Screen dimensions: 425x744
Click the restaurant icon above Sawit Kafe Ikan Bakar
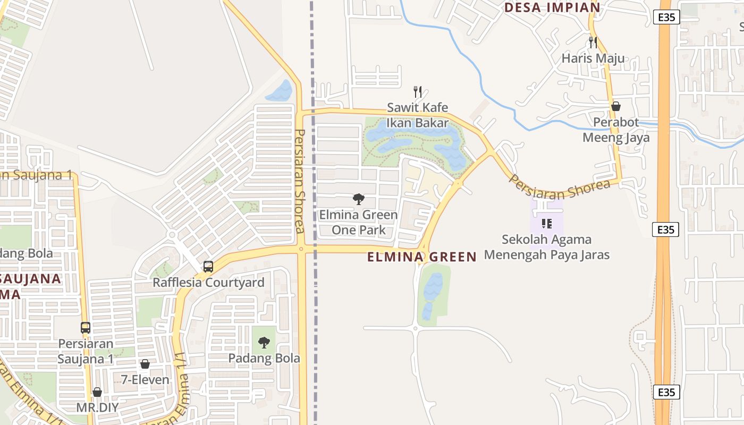(418, 92)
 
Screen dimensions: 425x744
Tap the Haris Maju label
(593, 58)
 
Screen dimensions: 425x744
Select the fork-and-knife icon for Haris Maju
(593, 42)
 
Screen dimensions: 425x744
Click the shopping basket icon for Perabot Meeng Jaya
(616, 106)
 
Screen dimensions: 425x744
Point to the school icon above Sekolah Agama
(546, 224)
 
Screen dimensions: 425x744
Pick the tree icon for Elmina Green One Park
(359, 199)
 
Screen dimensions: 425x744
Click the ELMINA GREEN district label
(422, 257)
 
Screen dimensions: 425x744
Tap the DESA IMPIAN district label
(552, 7)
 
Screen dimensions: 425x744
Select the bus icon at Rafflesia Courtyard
(208, 267)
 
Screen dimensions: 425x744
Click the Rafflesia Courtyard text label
(208, 283)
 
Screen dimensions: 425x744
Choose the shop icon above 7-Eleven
(145, 364)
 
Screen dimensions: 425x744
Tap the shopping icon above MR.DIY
(97, 393)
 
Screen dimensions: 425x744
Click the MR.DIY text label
(97, 408)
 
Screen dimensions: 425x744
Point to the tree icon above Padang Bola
(264, 343)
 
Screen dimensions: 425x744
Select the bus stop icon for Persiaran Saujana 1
(86, 328)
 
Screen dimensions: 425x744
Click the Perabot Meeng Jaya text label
(616, 130)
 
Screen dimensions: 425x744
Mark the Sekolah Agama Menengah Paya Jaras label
(546, 247)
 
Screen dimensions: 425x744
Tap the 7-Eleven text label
(145, 380)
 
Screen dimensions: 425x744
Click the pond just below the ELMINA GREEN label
(433, 290)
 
